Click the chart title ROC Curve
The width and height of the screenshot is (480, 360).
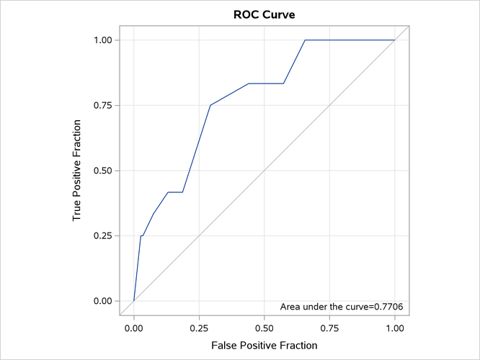tap(264, 14)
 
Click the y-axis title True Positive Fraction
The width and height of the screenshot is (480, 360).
tap(77, 171)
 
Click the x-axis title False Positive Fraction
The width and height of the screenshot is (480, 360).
tap(264, 346)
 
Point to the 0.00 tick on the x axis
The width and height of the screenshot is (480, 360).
tap(134, 327)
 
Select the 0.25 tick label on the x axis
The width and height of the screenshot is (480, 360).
tap(199, 327)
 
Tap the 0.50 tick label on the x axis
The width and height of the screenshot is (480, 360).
tap(265, 327)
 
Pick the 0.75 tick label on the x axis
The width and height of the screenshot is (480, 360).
tap(329, 327)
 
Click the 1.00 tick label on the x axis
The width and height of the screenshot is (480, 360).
tap(395, 327)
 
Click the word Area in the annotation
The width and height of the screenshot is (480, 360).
tap(290, 307)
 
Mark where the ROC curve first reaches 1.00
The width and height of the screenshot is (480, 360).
tap(305, 40)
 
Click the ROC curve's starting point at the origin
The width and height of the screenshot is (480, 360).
tap(134, 301)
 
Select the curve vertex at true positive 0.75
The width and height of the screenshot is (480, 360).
tap(210, 105)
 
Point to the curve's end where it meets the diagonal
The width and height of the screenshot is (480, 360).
tap(395, 40)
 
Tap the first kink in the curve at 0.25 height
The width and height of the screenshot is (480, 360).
tap(141, 235)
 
